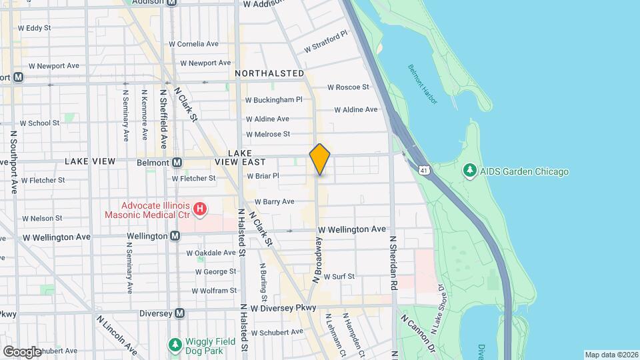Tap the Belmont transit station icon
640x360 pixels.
[177, 161]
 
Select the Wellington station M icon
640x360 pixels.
[175, 236]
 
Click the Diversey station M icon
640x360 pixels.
[179, 313]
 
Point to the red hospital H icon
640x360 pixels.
[199, 210]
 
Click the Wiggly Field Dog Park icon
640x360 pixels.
[175, 345]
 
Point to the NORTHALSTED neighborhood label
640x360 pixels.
[269, 73]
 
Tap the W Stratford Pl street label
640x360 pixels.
[326, 41]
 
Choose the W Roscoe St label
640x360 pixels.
[348, 87]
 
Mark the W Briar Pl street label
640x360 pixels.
[262, 177]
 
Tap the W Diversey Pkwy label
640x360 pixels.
[283, 309]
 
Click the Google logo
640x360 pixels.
[22, 351]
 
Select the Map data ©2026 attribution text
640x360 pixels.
[611, 355]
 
